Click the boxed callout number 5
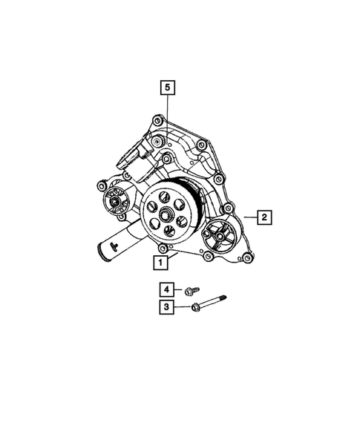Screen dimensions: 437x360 (168, 88)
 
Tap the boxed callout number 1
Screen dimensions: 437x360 (158, 261)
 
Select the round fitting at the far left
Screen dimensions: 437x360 (114, 198)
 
